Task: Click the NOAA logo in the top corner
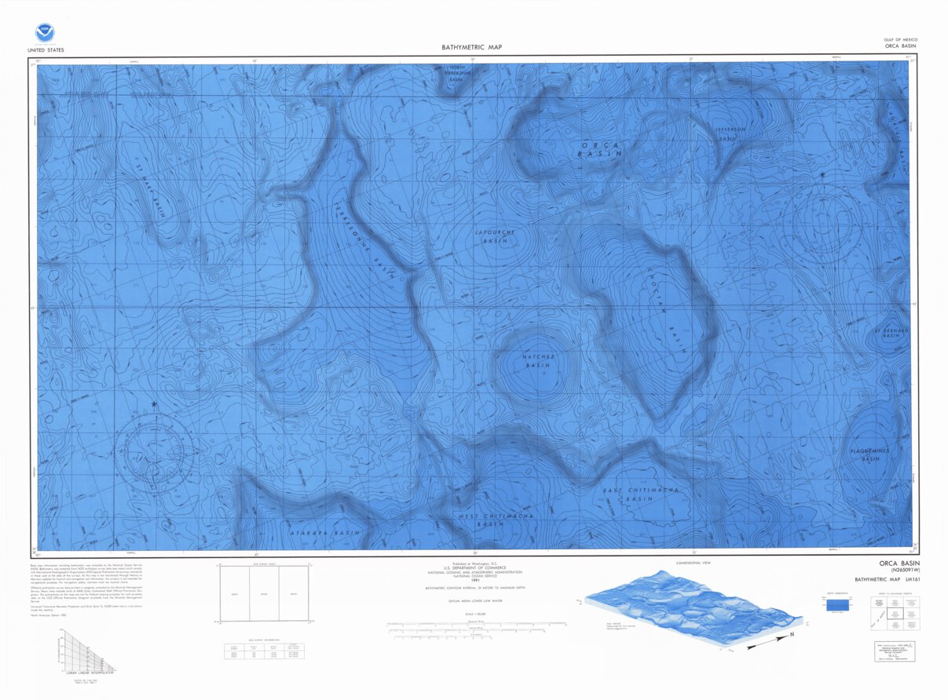[45, 33]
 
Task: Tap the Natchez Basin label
[539, 361]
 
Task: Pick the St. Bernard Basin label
[890, 336]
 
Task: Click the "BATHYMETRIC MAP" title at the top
[471, 48]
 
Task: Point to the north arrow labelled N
[792, 634]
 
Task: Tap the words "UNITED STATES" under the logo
[46, 50]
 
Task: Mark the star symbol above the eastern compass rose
[822, 174]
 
